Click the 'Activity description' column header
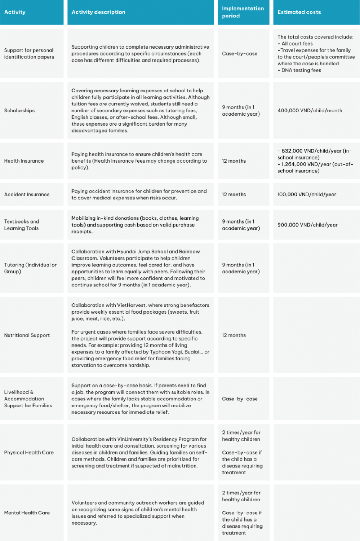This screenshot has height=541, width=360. pos(98,12)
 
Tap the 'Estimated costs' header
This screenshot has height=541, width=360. pos(299,12)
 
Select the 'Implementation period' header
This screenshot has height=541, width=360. pos(243,12)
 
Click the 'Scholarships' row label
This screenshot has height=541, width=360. pos(19,111)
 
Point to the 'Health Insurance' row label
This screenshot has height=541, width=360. pos(24,161)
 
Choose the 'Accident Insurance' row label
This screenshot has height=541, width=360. pos(27,195)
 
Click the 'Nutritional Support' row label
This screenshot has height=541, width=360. pos(27,335)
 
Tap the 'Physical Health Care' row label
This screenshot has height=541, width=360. pos(29,453)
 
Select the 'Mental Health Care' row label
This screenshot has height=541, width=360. pos(27,513)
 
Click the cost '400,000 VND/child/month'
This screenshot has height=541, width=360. pos(310,111)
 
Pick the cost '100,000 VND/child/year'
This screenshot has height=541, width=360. pos(307,195)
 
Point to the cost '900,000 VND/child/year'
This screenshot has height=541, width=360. pos(307,225)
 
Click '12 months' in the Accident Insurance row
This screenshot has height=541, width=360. pos(234,195)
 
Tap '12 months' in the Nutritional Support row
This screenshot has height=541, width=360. pos(234,335)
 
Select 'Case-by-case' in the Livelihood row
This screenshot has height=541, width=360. pos(240,399)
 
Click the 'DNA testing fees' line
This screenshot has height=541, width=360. pos(301,70)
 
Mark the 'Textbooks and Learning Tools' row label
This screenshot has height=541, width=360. pos(22,225)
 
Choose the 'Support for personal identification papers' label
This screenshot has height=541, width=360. pos(29,54)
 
